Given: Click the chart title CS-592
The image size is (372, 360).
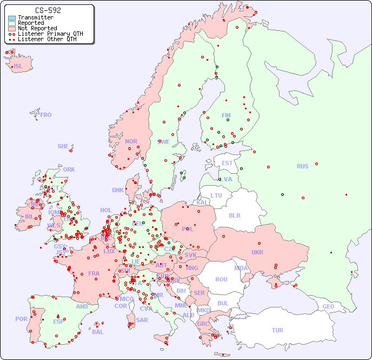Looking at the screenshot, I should coord(48,10).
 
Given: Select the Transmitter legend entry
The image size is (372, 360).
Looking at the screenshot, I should coord(35,18).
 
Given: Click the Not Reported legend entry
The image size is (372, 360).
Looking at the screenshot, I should coord(37,28).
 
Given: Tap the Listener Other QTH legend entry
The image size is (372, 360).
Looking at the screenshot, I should coord(47,39).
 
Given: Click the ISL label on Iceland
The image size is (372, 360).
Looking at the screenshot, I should coord(18,67).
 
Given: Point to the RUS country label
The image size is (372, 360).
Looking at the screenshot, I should coord(302,166).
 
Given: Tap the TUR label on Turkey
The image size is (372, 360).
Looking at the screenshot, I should coord(277,330).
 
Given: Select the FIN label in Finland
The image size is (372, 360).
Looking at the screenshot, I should coord(226,115).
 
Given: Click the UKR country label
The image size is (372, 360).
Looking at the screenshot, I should coord(257,252).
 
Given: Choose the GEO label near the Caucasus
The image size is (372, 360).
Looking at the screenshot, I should coord(328,306).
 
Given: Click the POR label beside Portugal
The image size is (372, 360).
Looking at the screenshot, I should coord(21,319).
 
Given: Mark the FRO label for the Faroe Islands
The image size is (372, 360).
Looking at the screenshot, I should coord(46,115).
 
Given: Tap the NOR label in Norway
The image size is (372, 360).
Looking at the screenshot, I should coord(131,141).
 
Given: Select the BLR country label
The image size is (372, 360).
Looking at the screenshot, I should coord(234,215).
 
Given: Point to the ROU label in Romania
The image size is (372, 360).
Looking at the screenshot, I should coord(221,279).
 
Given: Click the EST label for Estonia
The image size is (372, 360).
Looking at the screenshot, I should coord(227,163).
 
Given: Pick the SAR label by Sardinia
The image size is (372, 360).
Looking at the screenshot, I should coord(142,320).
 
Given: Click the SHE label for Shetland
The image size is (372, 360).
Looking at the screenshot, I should coord(63,146).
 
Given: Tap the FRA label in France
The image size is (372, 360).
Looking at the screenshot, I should coord(94,273).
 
